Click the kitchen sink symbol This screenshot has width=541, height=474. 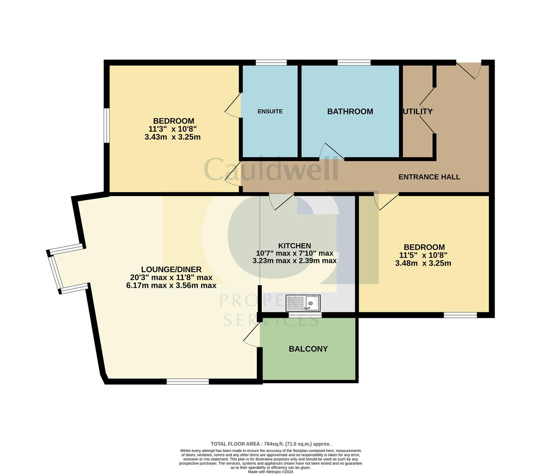[303, 303]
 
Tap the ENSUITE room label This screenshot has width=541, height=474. [270, 111]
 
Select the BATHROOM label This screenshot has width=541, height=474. [350, 111]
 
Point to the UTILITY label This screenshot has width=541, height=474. [418, 111]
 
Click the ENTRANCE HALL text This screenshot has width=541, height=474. [429, 177]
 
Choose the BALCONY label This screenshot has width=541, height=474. [308, 349]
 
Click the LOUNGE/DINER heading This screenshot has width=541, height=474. [171, 269]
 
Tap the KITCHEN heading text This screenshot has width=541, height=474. [294, 246]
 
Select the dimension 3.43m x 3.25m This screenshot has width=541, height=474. [172, 137]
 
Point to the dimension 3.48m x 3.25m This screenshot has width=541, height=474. [423, 263]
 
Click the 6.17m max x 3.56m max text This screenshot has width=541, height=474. [171, 285]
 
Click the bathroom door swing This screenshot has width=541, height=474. [331, 151]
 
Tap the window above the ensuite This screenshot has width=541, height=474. [271, 62]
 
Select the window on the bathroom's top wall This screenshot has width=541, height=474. [354, 62]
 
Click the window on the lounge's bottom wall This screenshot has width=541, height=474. [188, 381]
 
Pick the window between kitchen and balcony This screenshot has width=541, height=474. [305, 314]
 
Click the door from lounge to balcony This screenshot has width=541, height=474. [252, 338]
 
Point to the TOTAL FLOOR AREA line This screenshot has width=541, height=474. [270, 444]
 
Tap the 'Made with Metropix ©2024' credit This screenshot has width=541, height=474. [270, 472]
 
